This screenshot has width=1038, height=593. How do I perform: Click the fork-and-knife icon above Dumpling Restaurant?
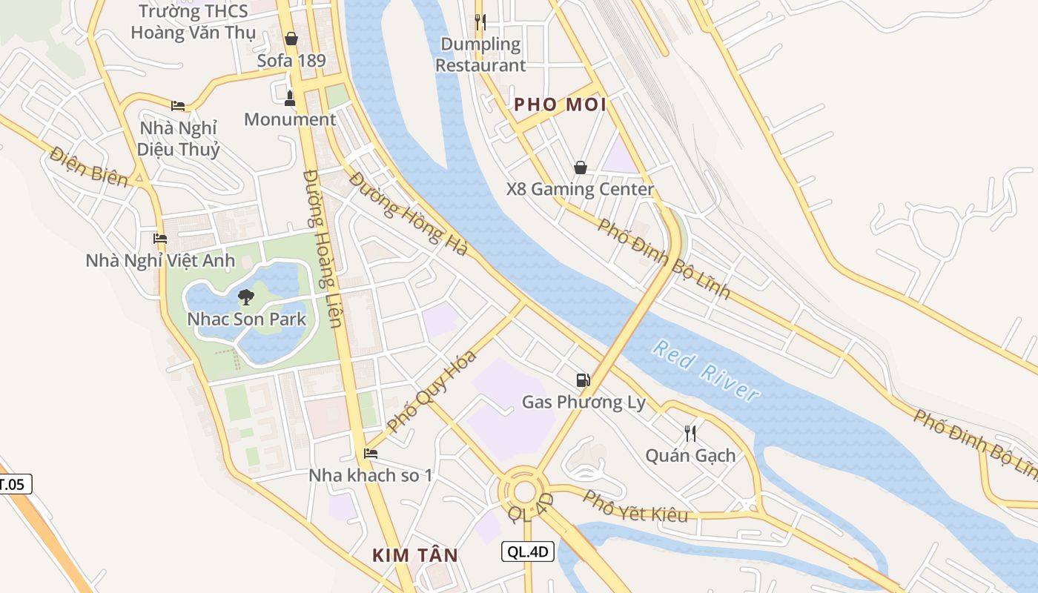tap(480, 21)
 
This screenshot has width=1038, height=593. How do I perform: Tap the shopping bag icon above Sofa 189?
tap(291, 39)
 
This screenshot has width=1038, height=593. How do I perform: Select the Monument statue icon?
tap(290, 97)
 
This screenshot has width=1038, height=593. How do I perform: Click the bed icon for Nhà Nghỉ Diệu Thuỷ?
tap(178, 106)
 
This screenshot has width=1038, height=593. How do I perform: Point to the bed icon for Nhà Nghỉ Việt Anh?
tap(160, 239)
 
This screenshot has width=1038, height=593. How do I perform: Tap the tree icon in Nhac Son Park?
tap(246, 297)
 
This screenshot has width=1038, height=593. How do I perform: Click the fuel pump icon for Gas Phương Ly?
tap(584, 380)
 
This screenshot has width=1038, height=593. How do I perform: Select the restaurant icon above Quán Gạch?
tap(690, 433)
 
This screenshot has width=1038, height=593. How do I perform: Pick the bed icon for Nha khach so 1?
tap(371, 454)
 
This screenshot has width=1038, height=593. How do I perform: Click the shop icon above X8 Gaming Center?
tap(581, 168)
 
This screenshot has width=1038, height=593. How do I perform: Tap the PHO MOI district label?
tap(561, 105)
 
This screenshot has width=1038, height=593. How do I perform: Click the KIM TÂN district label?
tap(415, 555)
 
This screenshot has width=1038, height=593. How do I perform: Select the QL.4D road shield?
tap(528, 551)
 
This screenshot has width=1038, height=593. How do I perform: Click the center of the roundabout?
tap(525, 491)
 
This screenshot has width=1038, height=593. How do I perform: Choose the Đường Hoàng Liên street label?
tap(323, 248)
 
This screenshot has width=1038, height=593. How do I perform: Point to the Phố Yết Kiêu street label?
tap(636, 506)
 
